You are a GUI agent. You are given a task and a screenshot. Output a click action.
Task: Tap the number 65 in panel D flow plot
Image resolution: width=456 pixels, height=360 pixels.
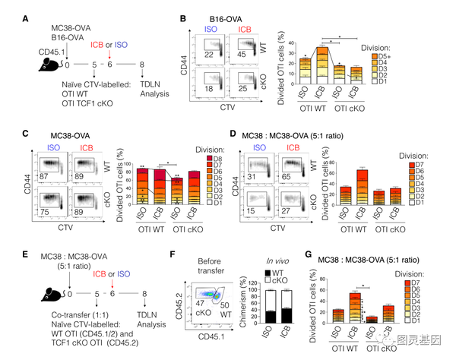[296, 176]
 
